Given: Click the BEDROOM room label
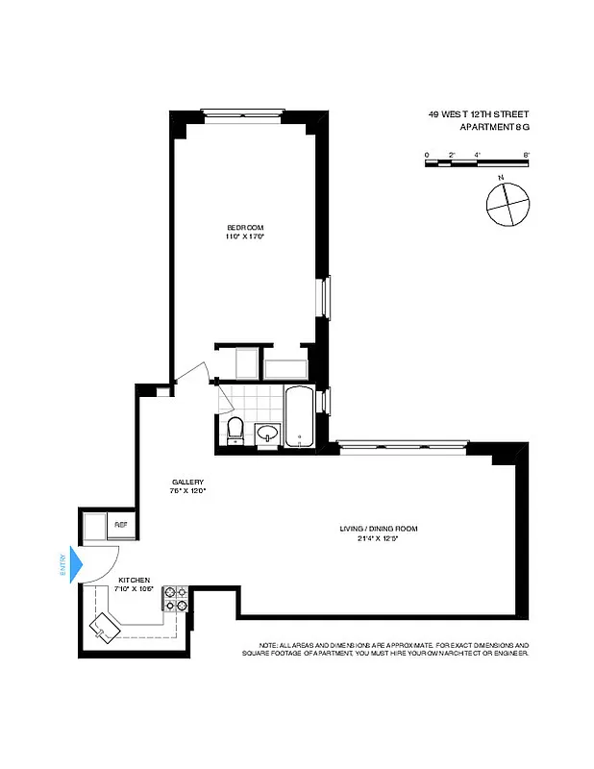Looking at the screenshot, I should (x=244, y=227).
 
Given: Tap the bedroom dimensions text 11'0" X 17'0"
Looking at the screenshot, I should (x=244, y=236).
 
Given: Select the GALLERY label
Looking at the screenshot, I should (x=186, y=483).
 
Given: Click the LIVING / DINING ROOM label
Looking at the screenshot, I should (x=378, y=529).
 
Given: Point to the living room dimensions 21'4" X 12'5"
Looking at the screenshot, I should (x=378, y=538).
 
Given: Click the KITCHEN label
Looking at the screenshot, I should (x=135, y=581).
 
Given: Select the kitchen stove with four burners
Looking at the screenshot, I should (x=176, y=599).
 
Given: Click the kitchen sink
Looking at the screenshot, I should (x=104, y=629).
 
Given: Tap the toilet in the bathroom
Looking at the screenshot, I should (x=235, y=430).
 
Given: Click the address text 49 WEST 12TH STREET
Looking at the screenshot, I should (x=479, y=113).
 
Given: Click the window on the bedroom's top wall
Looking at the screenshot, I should (x=242, y=110).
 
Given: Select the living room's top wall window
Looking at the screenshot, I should (x=404, y=443).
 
